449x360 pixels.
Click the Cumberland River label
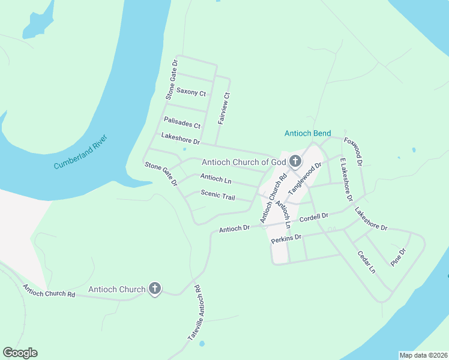80,152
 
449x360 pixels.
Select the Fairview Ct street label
223,108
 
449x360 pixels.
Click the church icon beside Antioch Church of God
295,161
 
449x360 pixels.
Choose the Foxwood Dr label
354,151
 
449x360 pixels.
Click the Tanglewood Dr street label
305,176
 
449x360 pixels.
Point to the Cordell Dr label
314,217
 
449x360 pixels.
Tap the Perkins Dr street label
286,239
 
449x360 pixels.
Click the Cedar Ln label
366,262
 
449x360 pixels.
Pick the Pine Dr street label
398,257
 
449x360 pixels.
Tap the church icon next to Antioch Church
154,289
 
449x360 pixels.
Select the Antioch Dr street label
234,229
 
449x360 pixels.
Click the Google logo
20,353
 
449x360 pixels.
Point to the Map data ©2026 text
423,355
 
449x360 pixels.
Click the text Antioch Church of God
243,162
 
